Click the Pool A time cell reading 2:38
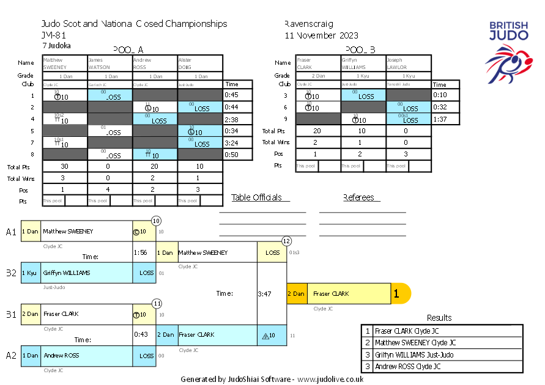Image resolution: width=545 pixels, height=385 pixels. click(231, 120)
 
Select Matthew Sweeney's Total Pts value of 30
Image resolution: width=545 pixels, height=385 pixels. click(64, 166)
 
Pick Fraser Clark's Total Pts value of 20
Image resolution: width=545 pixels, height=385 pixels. click(317, 131)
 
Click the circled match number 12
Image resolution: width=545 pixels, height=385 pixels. click(286, 241)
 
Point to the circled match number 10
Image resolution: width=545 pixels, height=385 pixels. click(156, 221)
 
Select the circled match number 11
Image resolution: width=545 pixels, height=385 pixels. click(157, 303)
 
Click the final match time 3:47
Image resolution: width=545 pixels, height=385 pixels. click(265, 294)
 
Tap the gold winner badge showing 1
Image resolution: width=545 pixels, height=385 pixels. click(397, 294)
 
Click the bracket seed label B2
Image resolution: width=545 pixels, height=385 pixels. click(11, 273)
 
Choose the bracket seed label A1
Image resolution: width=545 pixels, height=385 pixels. click(11, 232)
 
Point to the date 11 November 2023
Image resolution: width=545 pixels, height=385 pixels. click(321, 35)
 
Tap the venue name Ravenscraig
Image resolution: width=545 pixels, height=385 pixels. click(309, 24)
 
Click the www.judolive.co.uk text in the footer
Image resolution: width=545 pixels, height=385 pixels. click(331, 379)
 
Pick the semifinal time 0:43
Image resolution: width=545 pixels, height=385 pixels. click(141, 335)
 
